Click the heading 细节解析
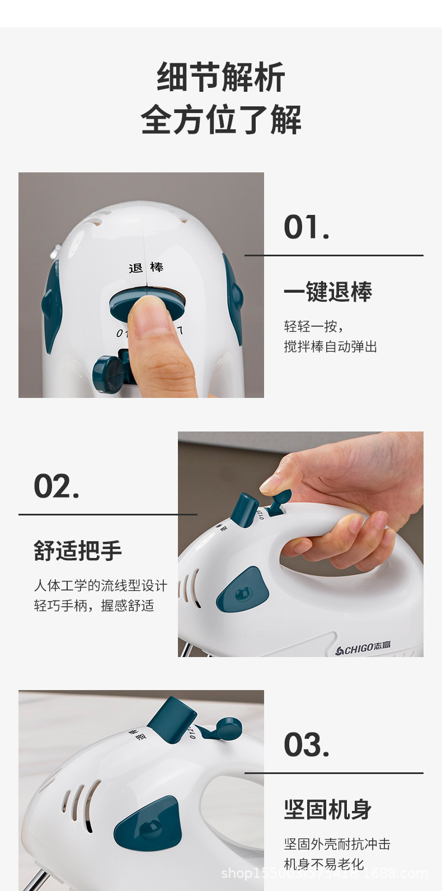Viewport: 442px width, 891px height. [x=221, y=77]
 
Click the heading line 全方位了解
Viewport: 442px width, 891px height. [x=221, y=120]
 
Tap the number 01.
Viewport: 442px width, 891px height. [x=306, y=228]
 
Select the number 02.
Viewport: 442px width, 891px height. [x=57, y=486]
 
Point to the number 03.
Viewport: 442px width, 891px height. [x=306, y=745]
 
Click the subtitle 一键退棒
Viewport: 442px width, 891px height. [x=328, y=292]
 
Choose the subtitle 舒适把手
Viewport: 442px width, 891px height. [x=78, y=551]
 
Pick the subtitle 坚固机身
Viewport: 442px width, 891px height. [x=328, y=809]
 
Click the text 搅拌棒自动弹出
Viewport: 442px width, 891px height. [x=330, y=347]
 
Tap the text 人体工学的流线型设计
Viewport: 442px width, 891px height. [x=101, y=585]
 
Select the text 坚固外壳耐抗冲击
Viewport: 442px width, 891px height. [x=337, y=844]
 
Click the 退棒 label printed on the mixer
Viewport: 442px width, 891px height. [x=146, y=268]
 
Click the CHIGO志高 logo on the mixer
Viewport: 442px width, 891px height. [x=363, y=649]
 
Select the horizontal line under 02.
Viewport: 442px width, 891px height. [x=108, y=514]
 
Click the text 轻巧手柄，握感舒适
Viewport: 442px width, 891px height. [x=94, y=606]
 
